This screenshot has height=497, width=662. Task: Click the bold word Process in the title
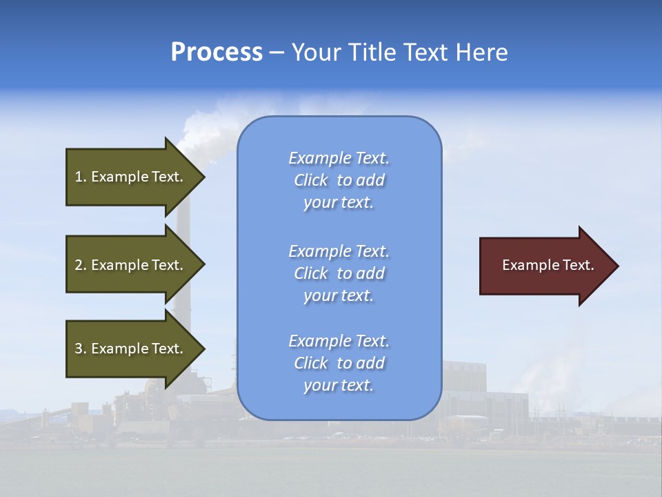click(x=217, y=52)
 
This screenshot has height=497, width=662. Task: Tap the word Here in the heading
click(x=481, y=52)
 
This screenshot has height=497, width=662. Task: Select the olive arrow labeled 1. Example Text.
click(x=131, y=177)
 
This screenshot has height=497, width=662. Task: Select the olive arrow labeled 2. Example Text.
click(x=131, y=265)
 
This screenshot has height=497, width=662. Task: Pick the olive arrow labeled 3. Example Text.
click(x=131, y=349)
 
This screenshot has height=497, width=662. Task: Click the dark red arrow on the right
click(x=545, y=266)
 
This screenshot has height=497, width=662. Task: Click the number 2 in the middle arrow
click(x=78, y=265)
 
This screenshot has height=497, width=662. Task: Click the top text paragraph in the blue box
click(x=339, y=180)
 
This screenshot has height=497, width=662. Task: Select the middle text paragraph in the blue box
click(x=339, y=273)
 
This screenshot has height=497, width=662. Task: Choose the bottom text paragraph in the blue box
click(x=339, y=363)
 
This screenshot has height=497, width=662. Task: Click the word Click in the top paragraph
click(x=311, y=180)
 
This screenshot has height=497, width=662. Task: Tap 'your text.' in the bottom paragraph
click(x=339, y=385)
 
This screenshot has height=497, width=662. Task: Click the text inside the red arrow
click(x=548, y=265)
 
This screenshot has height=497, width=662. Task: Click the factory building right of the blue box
click(x=483, y=393)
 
